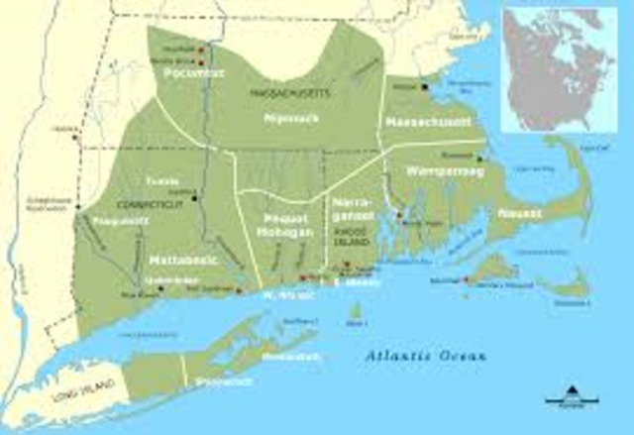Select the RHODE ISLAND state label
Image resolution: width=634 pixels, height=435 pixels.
351,239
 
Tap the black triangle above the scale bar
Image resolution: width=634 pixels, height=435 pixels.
577,388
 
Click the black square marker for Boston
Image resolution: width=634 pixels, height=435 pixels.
424,87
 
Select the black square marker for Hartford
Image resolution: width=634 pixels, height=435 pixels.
197,198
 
